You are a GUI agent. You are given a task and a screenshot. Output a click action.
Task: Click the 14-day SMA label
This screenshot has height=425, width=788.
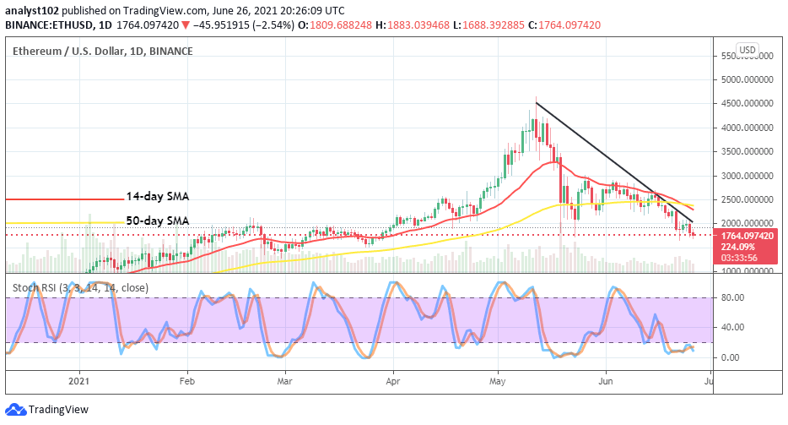[x=157, y=197]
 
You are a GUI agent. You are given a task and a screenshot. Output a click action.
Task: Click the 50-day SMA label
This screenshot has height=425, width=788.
[x=157, y=221]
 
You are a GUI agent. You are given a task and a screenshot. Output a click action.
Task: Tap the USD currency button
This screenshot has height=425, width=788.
[x=747, y=50]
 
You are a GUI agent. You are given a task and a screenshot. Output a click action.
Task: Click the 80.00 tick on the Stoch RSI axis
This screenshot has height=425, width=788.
[x=731, y=297]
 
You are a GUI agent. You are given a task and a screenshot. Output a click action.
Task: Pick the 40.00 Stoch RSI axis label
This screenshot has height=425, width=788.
[x=731, y=327]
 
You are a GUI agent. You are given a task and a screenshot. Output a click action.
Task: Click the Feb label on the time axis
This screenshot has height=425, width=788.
[x=187, y=381]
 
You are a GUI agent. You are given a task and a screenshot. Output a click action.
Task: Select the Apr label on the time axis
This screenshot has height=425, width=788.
[x=393, y=381]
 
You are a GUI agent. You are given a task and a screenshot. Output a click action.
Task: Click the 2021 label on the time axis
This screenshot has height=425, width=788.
[x=80, y=381]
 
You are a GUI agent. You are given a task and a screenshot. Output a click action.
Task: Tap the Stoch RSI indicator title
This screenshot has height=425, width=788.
[x=80, y=287]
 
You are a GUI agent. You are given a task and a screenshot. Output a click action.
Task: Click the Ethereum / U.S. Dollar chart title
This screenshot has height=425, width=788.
[x=102, y=52]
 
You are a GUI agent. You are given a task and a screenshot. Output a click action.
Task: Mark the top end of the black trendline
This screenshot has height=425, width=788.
[x=537, y=103]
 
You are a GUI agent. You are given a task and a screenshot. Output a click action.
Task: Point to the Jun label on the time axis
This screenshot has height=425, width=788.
[x=605, y=381]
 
